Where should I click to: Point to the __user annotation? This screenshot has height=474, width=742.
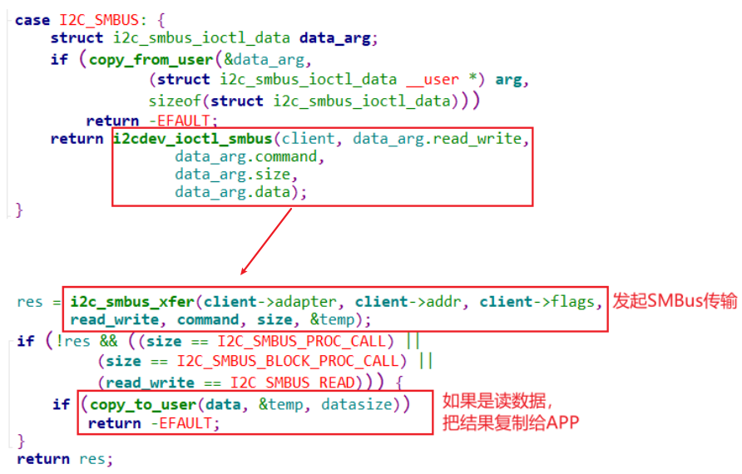(432, 80)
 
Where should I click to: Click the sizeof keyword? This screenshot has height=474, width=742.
(176, 101)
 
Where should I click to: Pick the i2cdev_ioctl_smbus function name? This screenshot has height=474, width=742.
(192, 138)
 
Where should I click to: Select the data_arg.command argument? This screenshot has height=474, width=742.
(246, 156)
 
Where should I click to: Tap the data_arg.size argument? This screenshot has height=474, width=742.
(236, 175)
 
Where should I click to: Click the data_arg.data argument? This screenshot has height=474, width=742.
(235, 193)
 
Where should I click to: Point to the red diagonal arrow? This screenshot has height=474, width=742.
(266, 241)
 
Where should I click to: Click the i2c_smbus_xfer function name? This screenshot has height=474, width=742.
(134, 301)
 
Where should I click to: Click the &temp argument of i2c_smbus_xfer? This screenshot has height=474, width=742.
(339, 320)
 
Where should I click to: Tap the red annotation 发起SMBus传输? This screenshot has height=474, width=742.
(675, 301)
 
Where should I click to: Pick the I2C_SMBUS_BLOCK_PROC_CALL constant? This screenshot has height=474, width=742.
(286, 362)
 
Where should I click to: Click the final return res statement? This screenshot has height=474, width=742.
(64, 459)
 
